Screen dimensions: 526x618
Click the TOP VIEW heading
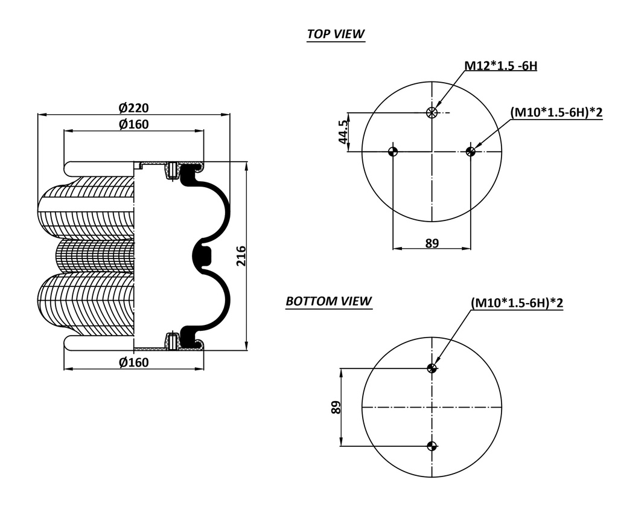pyautogui.click(x=336, y=34)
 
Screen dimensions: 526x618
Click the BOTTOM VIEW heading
pyautogui.click(x=328, y=301)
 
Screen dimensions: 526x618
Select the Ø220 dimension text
pyautogui.click(x=133, y=107)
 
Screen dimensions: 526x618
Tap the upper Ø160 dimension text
pyautogui.click(x=133, y=124)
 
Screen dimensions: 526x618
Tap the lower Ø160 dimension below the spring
pyautogui.click(x=133, y=362)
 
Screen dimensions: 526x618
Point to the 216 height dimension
pyautogui.click(x=241, y=256)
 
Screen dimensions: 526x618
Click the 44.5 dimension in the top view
pyautogui.click(x=343, y=132)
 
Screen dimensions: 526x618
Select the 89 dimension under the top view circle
pyautogui.click(x=432, y=243)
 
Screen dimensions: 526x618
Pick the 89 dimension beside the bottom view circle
pyautogui.click(x=336, y=407)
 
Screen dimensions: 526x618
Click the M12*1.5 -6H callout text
pyautogui.click(x=500, y=65)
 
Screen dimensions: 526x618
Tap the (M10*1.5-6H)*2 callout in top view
pyautogui.click(x=556, y=112)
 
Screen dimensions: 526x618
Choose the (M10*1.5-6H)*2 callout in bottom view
pyautogui.click(x=517, y=303)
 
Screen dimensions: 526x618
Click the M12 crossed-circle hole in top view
pyautogui.click(x=432, y=112)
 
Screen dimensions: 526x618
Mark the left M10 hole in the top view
pyautogui.click(x=393, y=151)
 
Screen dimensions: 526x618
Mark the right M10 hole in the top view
pyautogui.click(x=471, y=151)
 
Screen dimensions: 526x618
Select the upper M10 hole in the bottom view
pyautogui.click(x=432, y=368)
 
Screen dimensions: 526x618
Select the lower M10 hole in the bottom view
pyautogui.click(x=432, y=446)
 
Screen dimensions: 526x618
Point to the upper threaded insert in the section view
pyautogui.click(x=173, y=171)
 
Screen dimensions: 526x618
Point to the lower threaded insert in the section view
pyautogui.click(x=173, y=341)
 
